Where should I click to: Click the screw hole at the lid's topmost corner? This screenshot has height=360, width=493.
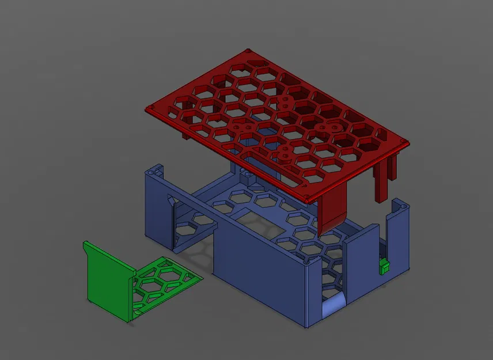[x=248, y=51]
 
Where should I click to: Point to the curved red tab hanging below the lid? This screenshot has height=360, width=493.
[x=333, y=210]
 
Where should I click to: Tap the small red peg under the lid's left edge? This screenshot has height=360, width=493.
[x=184, y=135]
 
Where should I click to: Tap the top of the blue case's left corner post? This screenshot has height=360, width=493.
[x=154, y=170]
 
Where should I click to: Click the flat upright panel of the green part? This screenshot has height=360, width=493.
[x=107, y=279]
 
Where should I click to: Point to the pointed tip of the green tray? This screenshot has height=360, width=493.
[x=202, y=277]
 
